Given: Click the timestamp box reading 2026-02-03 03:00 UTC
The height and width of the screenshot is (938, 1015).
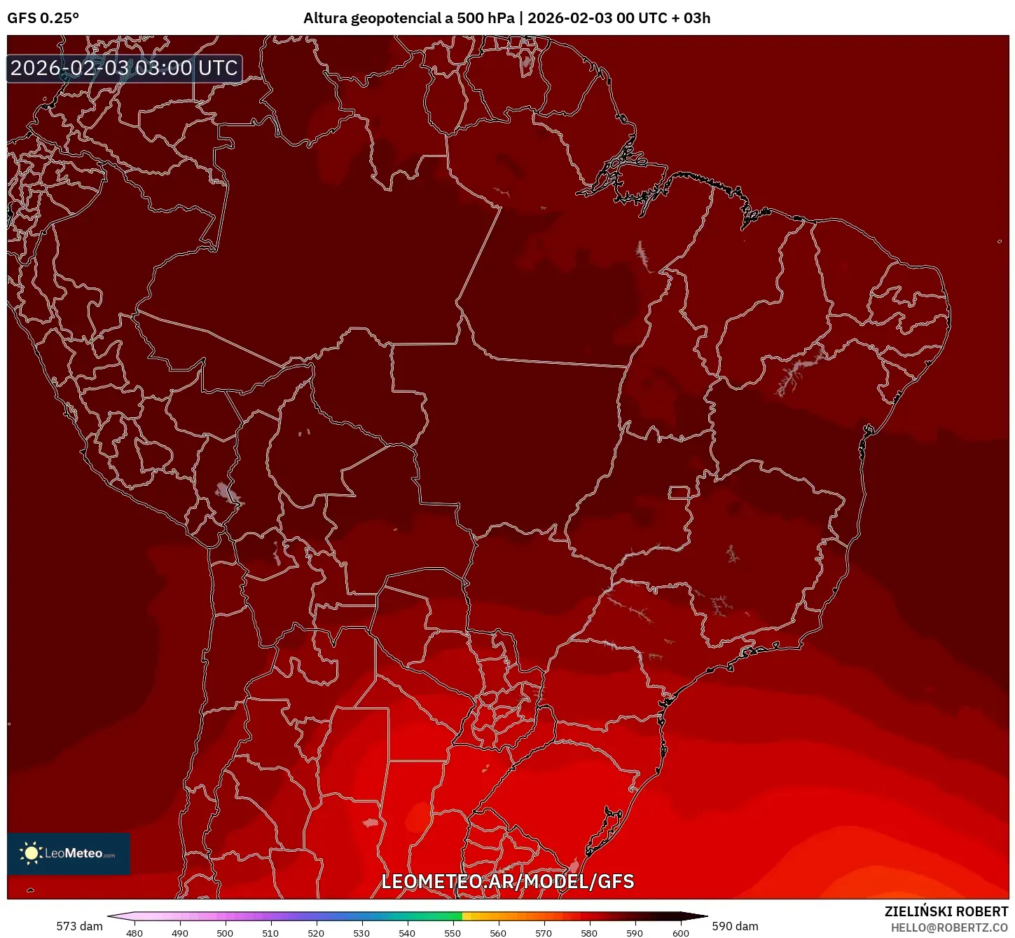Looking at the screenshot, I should click(124, 68).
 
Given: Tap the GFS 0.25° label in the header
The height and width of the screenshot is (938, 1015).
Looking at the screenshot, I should click(43, 18).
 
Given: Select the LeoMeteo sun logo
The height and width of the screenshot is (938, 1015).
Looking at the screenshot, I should click(31, 853).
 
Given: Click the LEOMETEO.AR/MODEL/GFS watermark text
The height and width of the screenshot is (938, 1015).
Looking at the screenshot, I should click(507, 881).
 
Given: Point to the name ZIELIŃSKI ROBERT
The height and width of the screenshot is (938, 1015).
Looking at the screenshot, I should click(946, 911).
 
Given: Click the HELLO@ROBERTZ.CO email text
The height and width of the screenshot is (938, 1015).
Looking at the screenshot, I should click(949, 927).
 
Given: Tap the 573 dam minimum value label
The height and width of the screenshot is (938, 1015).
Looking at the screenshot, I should click(79, 926).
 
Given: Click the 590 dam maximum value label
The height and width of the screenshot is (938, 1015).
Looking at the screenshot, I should click(735, 926).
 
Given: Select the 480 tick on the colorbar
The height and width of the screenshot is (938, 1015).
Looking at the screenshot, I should click(134, 933).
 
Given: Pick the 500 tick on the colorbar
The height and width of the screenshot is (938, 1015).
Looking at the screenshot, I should click(225, 933).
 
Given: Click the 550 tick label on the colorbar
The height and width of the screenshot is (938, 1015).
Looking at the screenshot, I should click(453, 933).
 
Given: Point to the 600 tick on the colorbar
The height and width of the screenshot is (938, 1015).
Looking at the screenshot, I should click(680, 933).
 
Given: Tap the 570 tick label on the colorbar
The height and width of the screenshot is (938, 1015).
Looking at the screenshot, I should click(544, 933).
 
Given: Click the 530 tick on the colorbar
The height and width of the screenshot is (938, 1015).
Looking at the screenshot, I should click(361, 933).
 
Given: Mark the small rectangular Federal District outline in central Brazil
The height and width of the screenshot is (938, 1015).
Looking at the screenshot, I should click(679, 492).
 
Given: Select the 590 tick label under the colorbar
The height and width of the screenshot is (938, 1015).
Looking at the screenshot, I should click(635, 933).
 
